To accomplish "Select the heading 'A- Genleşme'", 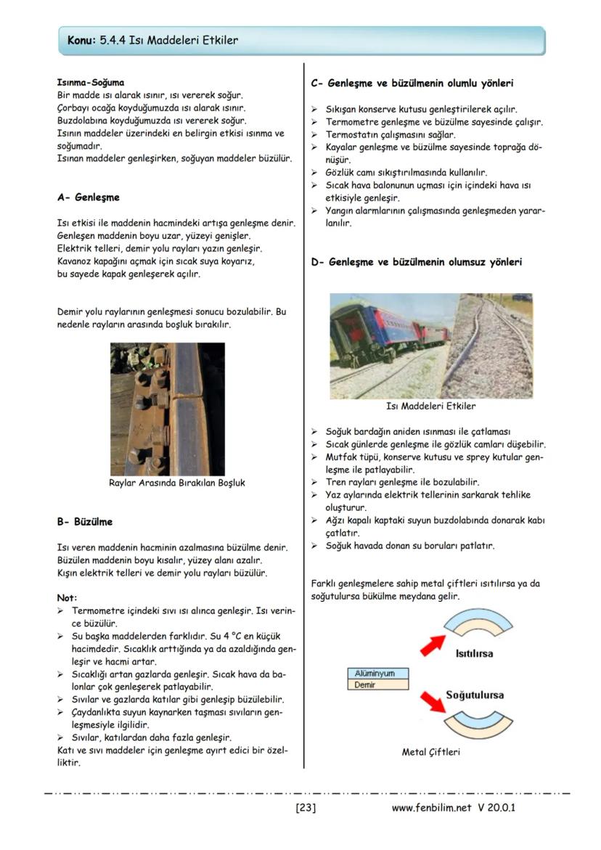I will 88,197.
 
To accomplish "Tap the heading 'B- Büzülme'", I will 84,522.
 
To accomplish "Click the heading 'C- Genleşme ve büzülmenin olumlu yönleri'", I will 412,83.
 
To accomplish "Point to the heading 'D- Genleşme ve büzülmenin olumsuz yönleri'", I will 416,262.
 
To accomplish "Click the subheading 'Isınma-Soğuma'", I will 90,83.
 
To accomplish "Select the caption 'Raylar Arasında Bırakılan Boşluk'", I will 176,483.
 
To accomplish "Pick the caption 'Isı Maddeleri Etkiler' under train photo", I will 431,406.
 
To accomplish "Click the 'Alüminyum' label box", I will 377,674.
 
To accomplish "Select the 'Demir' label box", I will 377,685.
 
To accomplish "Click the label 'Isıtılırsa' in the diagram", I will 473,653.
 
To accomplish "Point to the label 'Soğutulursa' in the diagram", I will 475,695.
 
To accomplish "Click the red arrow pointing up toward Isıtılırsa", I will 435,642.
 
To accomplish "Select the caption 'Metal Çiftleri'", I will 430,752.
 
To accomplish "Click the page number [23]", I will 306,808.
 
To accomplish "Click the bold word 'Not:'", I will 67,597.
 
